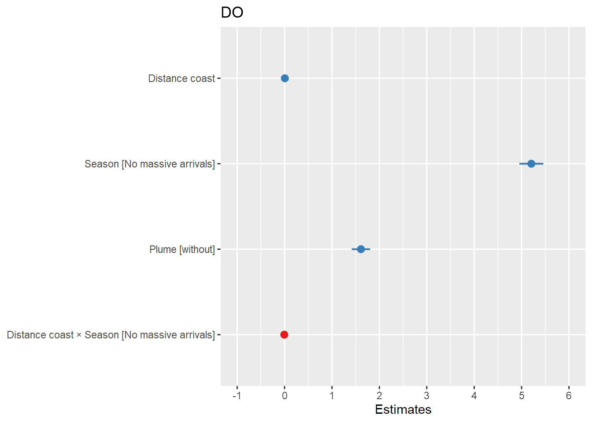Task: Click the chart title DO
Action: click(x=232, y=13)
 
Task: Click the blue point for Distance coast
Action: click(x=285, y=78)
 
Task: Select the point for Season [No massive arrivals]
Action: click(x=531, y=164)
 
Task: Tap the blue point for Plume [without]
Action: click(x=361, y=249)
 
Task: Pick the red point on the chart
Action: click(x=284, y=335)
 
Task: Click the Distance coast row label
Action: click(x=181, y=78)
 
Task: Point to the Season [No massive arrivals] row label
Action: click(x=150, y=164)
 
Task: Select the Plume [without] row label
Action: click(x=182, y=249)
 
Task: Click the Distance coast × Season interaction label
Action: click(x=111, y=335)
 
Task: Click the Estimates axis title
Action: click(x=403, y=410)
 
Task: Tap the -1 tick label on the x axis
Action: click(x=237, y=396)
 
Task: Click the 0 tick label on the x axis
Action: click(x=285, y=396)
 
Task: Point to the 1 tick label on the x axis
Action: click(x=332, y=396)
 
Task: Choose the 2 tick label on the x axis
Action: click(x=379, y=396)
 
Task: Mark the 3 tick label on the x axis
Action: click(x=427, y=396)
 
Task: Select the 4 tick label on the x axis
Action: click(x=474, y=396)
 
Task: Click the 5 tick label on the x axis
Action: click(x=522, y=396)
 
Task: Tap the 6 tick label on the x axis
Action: click(x=569, y=396)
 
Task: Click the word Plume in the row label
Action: click(x=163, y=249)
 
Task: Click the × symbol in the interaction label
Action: click(x=79, y=335)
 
